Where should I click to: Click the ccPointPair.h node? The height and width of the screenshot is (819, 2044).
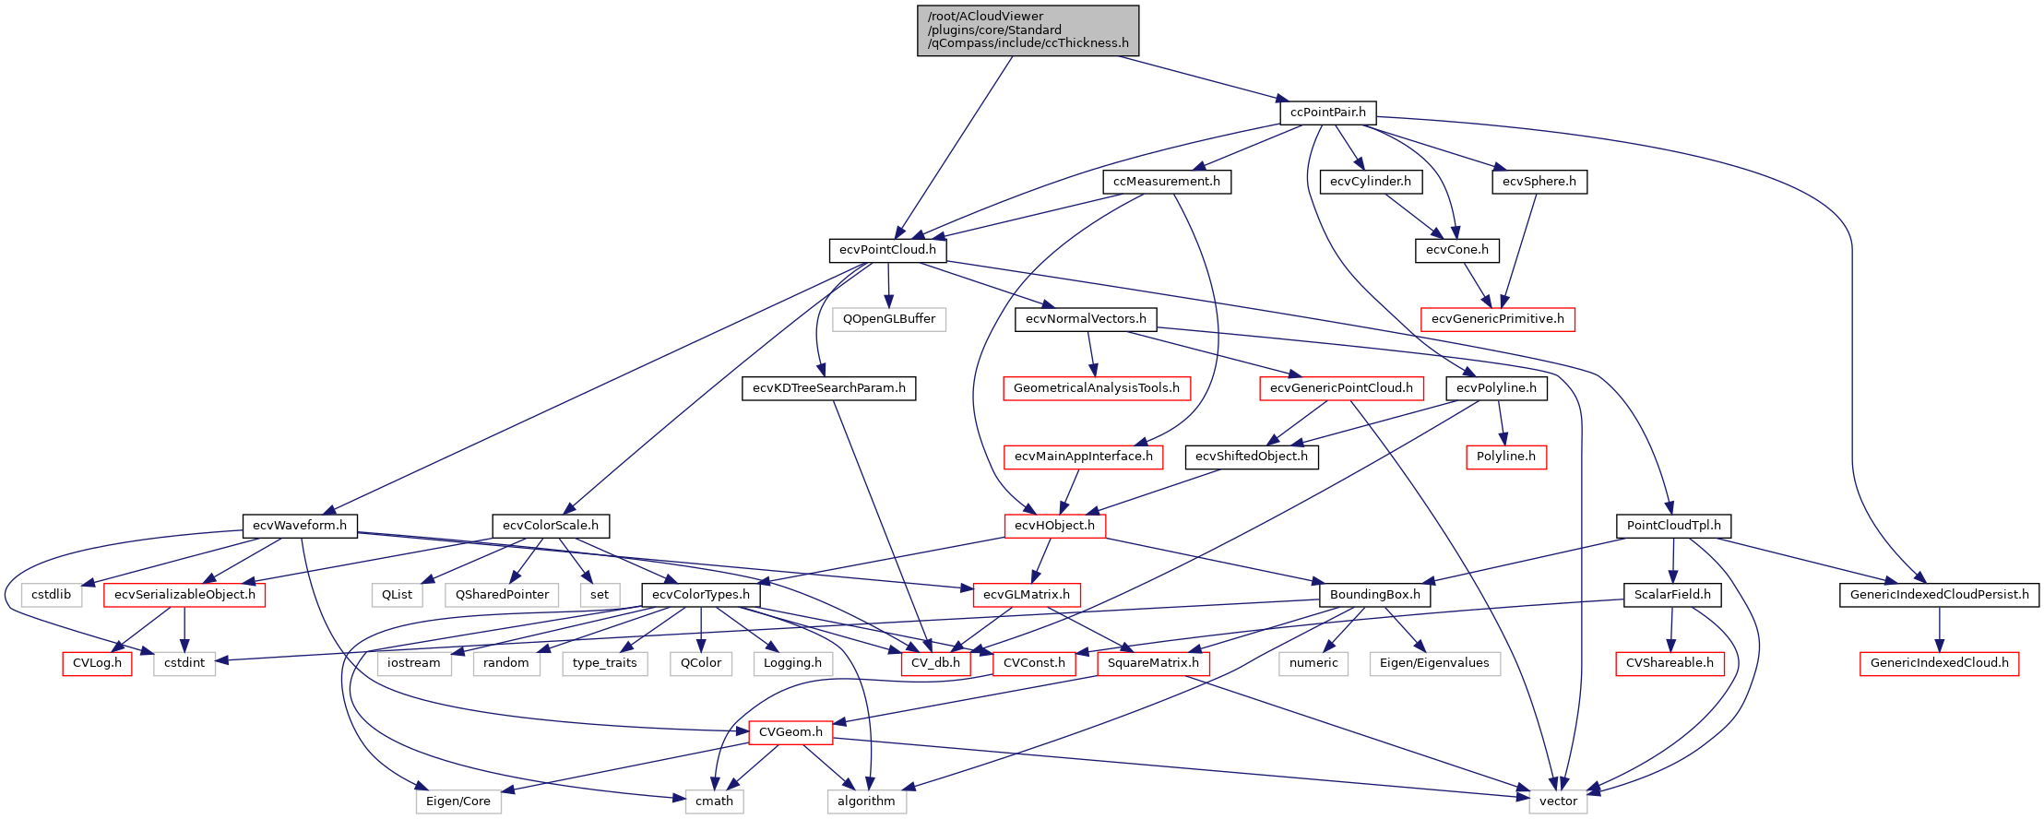(x=1327, y=113)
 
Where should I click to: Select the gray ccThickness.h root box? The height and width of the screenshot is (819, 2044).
(x=1028, y=30)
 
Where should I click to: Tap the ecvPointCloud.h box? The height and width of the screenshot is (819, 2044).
(x=887, y=250)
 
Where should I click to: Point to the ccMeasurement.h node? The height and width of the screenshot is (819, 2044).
(x=1166, y=182)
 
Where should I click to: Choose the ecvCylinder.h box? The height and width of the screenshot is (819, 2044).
(x=1370, y=182)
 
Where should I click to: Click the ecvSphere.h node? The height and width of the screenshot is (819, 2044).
(x=1539, y=182)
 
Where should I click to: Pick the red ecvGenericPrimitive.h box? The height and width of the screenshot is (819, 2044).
(x=1497, y=319)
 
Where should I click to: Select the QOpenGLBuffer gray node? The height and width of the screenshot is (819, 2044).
(x=888, y=319)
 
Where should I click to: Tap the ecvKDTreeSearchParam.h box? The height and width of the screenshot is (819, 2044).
(x=828, y=388)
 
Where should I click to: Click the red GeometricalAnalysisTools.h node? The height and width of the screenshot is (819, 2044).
(x=1096, y=388)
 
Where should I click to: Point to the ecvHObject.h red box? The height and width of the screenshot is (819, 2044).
(x=1054, y=526)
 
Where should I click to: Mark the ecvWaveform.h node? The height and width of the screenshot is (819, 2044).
(x=299, y=526)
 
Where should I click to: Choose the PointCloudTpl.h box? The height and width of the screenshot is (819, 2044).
(x=1673, y=526)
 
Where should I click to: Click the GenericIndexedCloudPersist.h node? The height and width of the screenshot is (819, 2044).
(x=1939, y=595)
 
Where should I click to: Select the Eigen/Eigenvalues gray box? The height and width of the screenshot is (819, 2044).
(x=1433, y=663)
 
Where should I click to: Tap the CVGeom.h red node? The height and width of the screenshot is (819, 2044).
(x=790, y=732)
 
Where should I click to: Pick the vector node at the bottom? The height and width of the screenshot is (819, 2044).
(x=1558, y=801)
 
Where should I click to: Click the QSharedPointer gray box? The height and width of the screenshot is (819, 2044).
(x=502, y=595)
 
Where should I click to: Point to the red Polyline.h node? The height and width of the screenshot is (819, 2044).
(x=1505, y=457)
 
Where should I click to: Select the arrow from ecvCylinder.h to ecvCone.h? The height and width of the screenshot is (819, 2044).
(x=1410, y=216)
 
